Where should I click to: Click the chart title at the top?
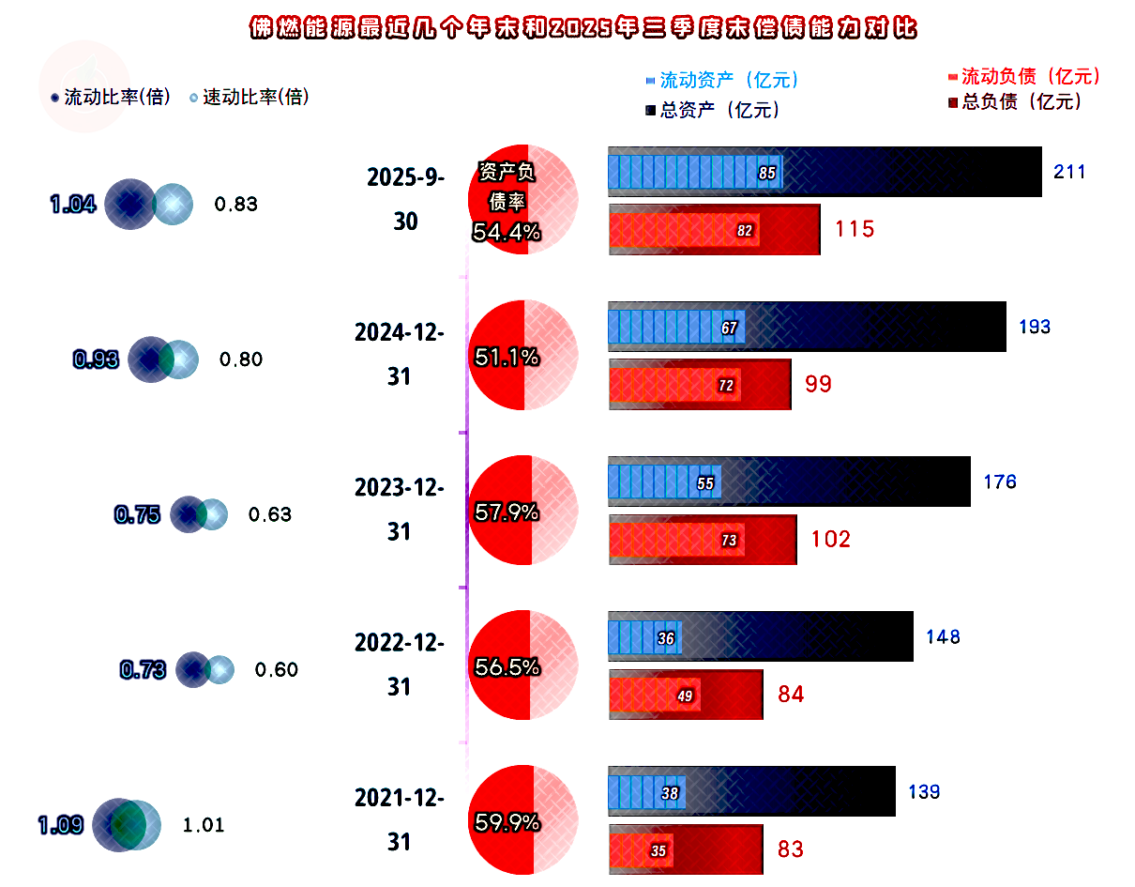coord(583,28)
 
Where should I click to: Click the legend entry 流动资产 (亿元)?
coord(728,81)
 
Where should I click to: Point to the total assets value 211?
coord(1069,172)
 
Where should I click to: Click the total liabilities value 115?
coord(855,229)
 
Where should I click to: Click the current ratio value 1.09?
coord(61,825)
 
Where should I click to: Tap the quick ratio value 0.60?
coord(276,669)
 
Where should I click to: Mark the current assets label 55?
coord(706,483)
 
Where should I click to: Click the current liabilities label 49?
coord(685,696)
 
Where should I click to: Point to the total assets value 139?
coord(924,792)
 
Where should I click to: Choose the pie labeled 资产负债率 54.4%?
coord(522,200)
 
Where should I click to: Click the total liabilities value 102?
coord(831,540)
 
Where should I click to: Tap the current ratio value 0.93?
coord(96,359)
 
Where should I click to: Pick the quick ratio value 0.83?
coord(235,204)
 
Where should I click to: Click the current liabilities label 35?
coord(658,851)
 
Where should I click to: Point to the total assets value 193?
coord(1035,328)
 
